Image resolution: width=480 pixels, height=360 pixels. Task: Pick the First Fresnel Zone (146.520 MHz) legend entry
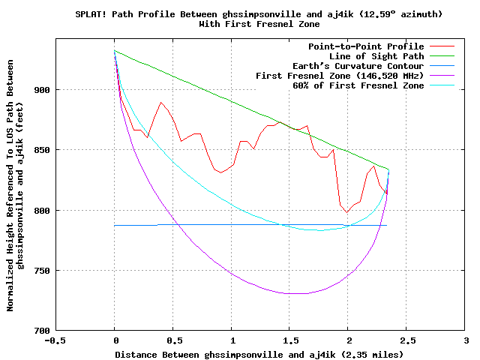[340, 76]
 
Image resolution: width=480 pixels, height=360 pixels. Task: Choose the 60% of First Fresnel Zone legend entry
[358, 85]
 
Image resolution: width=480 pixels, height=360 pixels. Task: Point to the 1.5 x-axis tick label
[289, 340]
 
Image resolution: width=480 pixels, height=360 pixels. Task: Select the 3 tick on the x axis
[465, 340]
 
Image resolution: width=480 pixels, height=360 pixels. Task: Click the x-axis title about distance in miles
[259, 353]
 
